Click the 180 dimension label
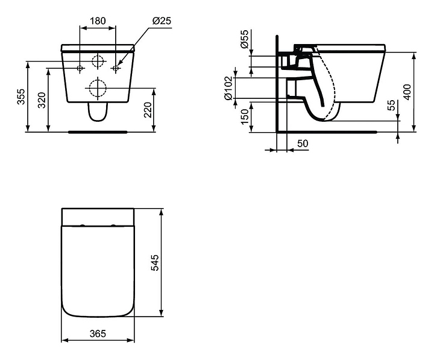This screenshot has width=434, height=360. coord(98,21)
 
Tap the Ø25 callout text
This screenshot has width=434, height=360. coord(162,21)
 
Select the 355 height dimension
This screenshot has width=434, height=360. coord(21,96)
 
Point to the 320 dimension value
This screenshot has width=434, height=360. coord(42,100)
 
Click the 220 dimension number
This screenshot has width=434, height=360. coord(148,110)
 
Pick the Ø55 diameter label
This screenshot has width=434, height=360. coord(245,39)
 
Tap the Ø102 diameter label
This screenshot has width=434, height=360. coord(228,88)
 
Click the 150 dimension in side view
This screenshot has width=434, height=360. coord(245,116)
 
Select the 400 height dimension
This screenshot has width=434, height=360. coord(407,92)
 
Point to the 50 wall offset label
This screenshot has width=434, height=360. coord(303,144)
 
